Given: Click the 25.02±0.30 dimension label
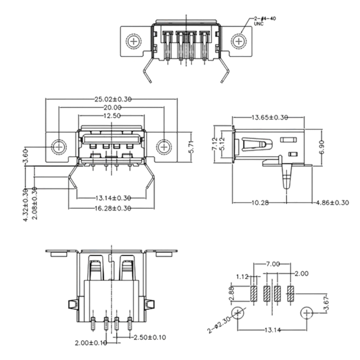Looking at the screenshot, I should point(112,99).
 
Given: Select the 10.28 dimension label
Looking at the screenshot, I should point(259,202).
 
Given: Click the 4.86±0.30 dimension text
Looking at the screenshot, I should point(332,202).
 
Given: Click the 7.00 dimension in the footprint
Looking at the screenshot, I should point(273,264).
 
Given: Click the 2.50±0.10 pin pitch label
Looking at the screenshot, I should point(149,337).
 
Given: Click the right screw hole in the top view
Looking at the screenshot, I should point(239,42).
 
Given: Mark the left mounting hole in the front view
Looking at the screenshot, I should point(59,146).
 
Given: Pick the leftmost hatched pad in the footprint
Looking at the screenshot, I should point(254,294).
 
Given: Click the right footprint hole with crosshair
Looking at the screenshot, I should point(307,313).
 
